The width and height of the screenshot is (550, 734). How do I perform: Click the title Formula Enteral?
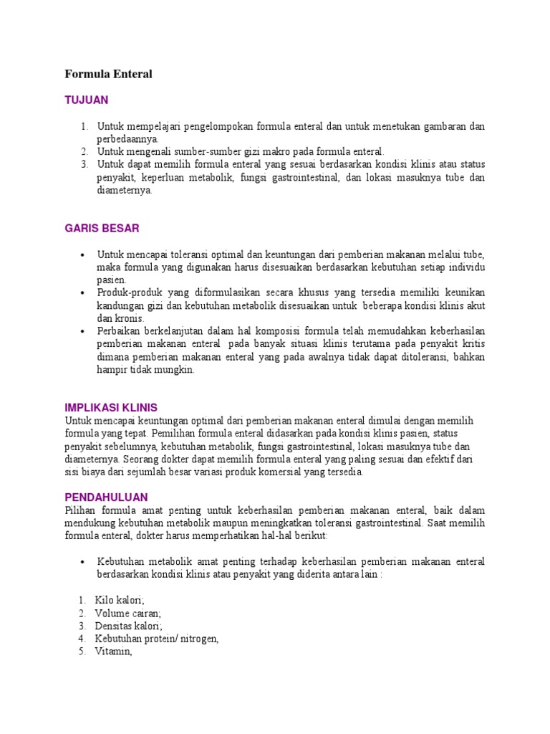pyautogui.click(x=109, y=74)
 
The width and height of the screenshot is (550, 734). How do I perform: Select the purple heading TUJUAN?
pyautogui.click(x=86, y=100)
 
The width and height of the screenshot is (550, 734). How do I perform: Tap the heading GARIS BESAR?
pyautogui.click(x=102, y=229)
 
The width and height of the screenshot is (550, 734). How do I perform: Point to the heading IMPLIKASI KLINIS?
pyautogui.click(x=111, y=407)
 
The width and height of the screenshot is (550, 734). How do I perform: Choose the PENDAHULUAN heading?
pyautogui.click(x=106, y=497)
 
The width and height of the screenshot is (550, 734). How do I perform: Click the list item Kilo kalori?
pyautogui.click(x=120, y=599)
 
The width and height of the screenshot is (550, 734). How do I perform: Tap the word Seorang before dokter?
pyautogui.click(x=142, y=459)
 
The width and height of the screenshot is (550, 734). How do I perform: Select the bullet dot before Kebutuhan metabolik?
pyautogui.click(x=84, y=561)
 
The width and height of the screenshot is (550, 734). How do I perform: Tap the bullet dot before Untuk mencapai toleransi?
pyautogui.click(x=84, y=254)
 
